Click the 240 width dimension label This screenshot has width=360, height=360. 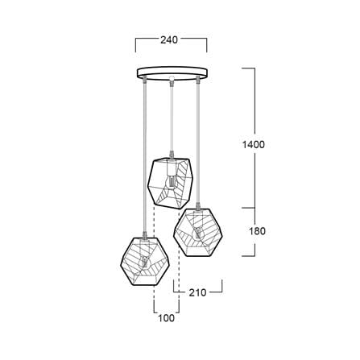169,40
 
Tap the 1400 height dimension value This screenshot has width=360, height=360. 254,145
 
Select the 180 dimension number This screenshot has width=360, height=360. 257,231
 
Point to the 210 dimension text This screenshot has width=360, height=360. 197,292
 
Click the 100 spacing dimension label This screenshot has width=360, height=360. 166,318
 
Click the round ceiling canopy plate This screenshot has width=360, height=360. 172,73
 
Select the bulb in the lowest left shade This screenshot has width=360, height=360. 145,262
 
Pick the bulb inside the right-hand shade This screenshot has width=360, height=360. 197,234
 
